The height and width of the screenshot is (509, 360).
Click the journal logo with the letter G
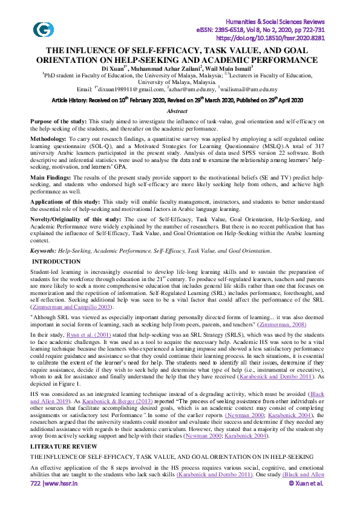[42, 28]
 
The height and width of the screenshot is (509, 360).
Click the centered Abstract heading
[180, 112]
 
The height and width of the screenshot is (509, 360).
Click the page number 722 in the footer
[38, 501]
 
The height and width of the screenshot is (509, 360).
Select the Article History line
[180, 100]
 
